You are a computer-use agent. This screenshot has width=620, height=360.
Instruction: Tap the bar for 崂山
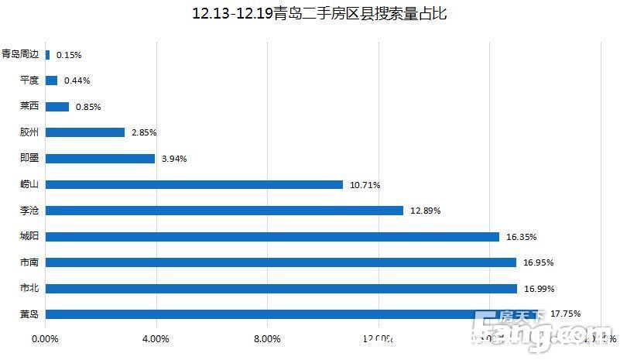pos(194,184)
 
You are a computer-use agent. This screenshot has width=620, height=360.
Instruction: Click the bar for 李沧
pos(224,211)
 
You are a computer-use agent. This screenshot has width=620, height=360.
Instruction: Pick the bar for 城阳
pos(272,236)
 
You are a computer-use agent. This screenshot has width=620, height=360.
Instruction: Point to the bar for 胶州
pos(85,132)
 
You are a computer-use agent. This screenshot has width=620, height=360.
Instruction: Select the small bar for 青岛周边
pos(48,55)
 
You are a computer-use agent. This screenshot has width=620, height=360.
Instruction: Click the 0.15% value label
pos(69,55)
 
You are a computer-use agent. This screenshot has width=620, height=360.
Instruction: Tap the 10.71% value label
pos(365,185)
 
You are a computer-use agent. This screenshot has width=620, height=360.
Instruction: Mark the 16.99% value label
pos(539,289)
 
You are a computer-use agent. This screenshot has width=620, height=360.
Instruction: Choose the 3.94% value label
pos(174,159)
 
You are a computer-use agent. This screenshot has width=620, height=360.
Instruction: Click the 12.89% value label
pos(425,211)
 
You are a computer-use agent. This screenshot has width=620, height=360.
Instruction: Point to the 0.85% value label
pos(88,107)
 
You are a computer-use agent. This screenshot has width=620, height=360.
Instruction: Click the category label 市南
pos(30,262)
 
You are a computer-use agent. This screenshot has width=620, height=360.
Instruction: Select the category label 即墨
pos(30,158)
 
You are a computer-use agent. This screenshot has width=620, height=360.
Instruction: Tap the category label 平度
pos(30,81)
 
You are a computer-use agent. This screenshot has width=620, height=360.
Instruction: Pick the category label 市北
pos(30,289)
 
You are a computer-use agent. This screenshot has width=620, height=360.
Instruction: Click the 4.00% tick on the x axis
pos(156,339)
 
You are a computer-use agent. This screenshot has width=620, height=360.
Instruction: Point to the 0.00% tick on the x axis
pos(45,339)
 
